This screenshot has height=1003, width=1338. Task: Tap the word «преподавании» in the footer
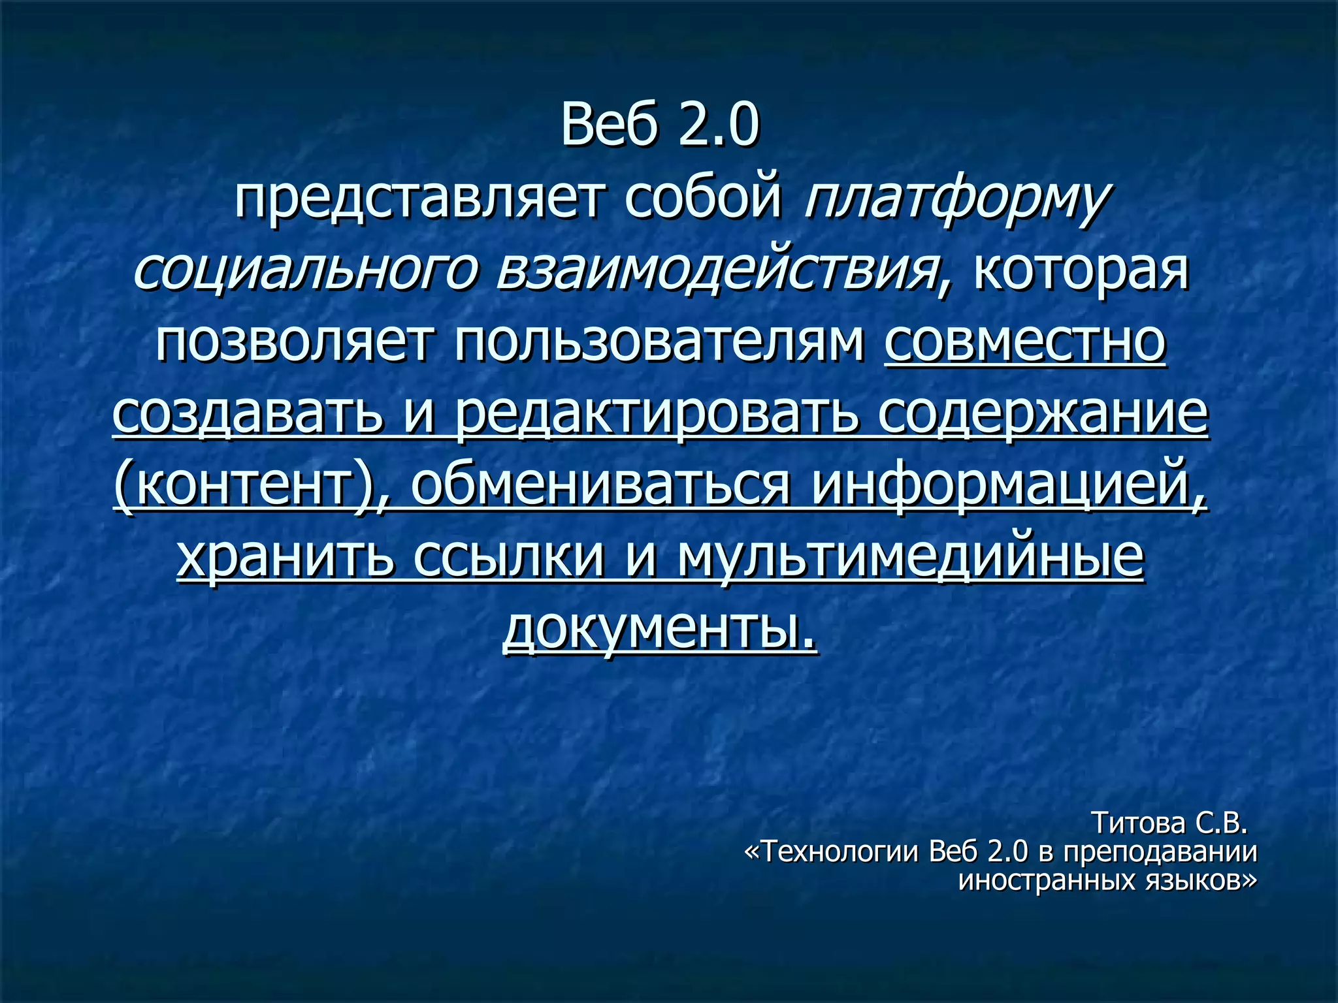(x=1160, y=852)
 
